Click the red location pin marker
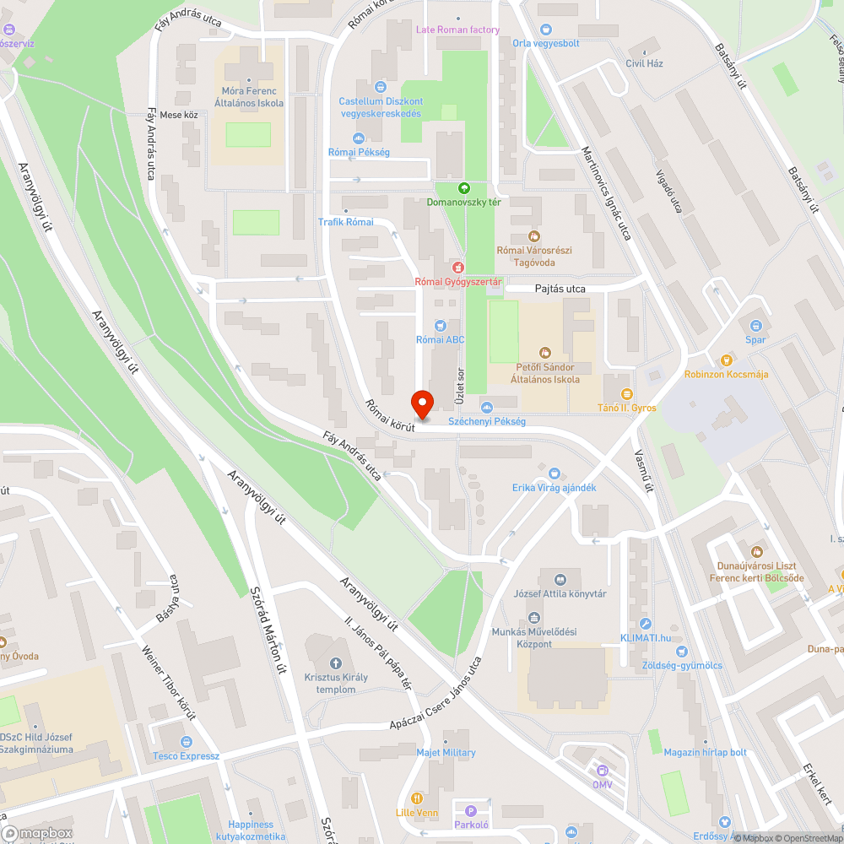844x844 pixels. pyautogui.click(x=421, y=403)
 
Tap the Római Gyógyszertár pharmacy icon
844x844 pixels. pyautogui.click(x=458, y=267)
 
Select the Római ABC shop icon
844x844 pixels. pyautogui.click(x=440, y=325)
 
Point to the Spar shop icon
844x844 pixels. pyautogui.click(x=755, y=325)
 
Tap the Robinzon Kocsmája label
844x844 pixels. pyautogui.click(x=726, y=374)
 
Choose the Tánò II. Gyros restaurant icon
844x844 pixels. pyautogui.click(x=626, y=393)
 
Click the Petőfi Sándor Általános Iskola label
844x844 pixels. pyautogui.click(x=545, y=373)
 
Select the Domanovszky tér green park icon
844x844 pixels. pyautogui.click(x=463, y=187)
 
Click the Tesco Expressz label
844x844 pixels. pyautogui.click(x=186, y=755)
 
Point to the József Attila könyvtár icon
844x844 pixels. pyautogui.click(x=560, y=579)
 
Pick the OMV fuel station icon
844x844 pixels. pyautogui.click(x=602, y=770)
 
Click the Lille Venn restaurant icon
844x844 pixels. pyautogui.click(x=416, y=798)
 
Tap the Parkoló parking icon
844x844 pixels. pyautogui.click(x=471, y=810)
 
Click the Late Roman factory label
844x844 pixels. pyautogui.click(x=457, y=30)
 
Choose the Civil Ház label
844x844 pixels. pyautogui.click(x=644, y=63)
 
